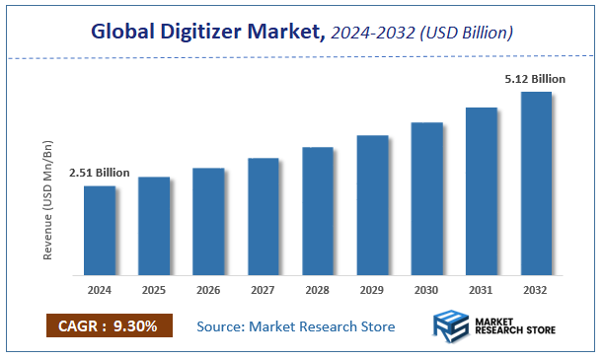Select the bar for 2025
(x=154, y=226)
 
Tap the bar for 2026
(x=208, y=221)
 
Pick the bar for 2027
(x=263, y=216)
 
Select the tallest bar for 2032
(x=536, y=183)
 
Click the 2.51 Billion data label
(x=99, y=173)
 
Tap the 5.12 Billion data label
(x=536, y=79)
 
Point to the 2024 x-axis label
(x=99, y=291)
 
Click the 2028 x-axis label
(x=318, y=291)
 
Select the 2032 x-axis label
(x=536, y=291)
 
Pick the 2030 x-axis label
(x=427, y=291)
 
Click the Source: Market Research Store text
(x=296, y=326)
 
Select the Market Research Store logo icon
(x=451, y=326)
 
